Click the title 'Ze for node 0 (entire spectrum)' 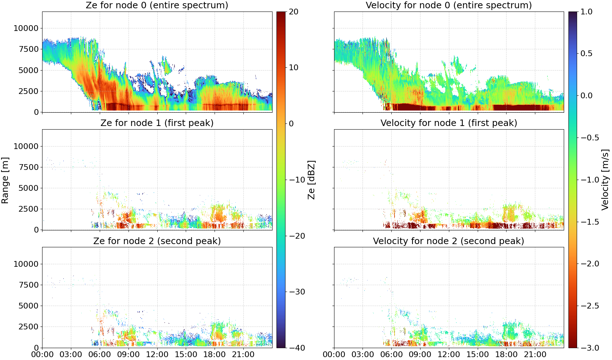click(157, 5)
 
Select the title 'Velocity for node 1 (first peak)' click(449, 123)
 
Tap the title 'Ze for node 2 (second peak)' click(157, 241)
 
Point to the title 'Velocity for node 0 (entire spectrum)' click(449, 5)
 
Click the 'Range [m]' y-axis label click(5, 180)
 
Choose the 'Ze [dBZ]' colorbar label click(311, 180)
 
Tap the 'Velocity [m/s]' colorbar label click(605, 180)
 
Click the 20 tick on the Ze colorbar click(293, 12)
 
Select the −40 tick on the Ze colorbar click(297, 348)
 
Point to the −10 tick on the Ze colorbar click(297, 180)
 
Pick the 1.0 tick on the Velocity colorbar click(586, 12)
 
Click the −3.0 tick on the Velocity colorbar click(590, 348)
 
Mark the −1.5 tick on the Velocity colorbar click(590, 222)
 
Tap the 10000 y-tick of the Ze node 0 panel click(26, 28)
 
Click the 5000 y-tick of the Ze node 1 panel click(28, 188)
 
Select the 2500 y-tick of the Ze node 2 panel click(28, 327)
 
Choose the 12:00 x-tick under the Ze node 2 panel click(157, 355)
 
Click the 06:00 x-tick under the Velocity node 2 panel click(392, 355)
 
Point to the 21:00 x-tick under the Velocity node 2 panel click(535, 355)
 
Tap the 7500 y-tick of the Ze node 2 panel click(28, 285)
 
